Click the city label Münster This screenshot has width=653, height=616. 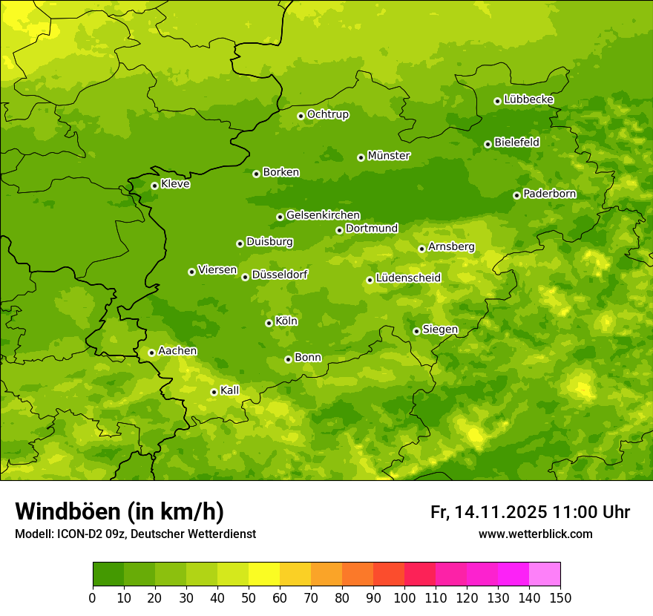389,156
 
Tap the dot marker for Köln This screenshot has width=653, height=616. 269,323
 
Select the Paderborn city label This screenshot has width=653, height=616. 550,194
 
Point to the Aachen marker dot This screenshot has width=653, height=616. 151,353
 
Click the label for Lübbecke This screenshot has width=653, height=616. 528,99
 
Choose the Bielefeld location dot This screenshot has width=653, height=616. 488,144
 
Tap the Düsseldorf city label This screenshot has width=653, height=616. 280,275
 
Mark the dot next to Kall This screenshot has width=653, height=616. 214,392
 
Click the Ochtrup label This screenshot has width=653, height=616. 327,114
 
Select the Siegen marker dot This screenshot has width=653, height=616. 416,331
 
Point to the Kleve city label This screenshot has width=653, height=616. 175,184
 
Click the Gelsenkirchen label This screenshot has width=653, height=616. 323,215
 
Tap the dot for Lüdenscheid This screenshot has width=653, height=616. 370,280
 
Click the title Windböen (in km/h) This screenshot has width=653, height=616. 119,511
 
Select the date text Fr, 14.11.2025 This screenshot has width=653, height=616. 488,512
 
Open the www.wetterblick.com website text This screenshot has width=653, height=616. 535,534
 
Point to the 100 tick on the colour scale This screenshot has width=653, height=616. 404,598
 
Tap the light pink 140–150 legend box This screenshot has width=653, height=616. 545,574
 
